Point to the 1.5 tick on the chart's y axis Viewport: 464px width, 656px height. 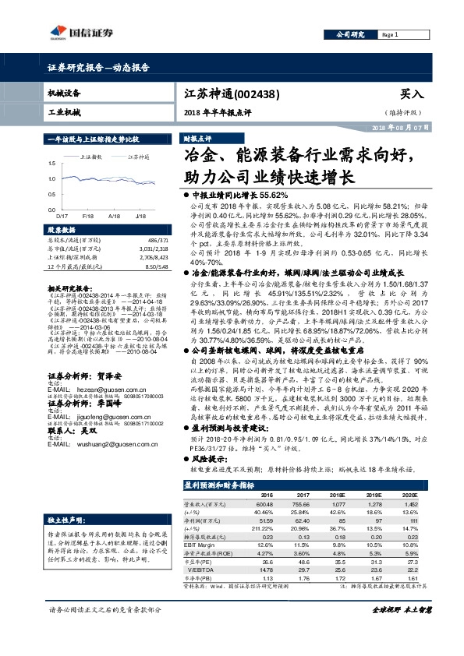point(51,163)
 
